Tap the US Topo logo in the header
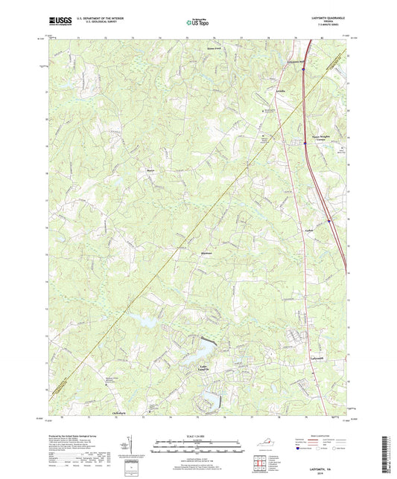coord(197,23)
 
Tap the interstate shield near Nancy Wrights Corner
coord(305,143)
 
